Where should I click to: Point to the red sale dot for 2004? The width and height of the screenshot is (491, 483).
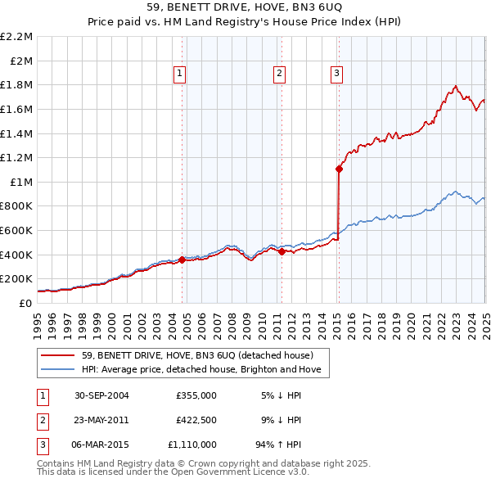click(x=182, y=260)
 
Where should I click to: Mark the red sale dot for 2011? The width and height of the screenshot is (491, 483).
click(x=282, y=251)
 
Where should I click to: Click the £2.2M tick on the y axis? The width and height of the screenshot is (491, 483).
click(x=17, y=37)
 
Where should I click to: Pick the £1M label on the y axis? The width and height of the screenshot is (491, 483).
click(x=23, y=182)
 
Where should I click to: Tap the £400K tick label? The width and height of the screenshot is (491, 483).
click(x=18, y=255)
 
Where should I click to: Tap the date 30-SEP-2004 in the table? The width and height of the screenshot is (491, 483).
click(x=101, y=395)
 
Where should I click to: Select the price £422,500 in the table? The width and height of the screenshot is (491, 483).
click(x=196, y=420)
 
